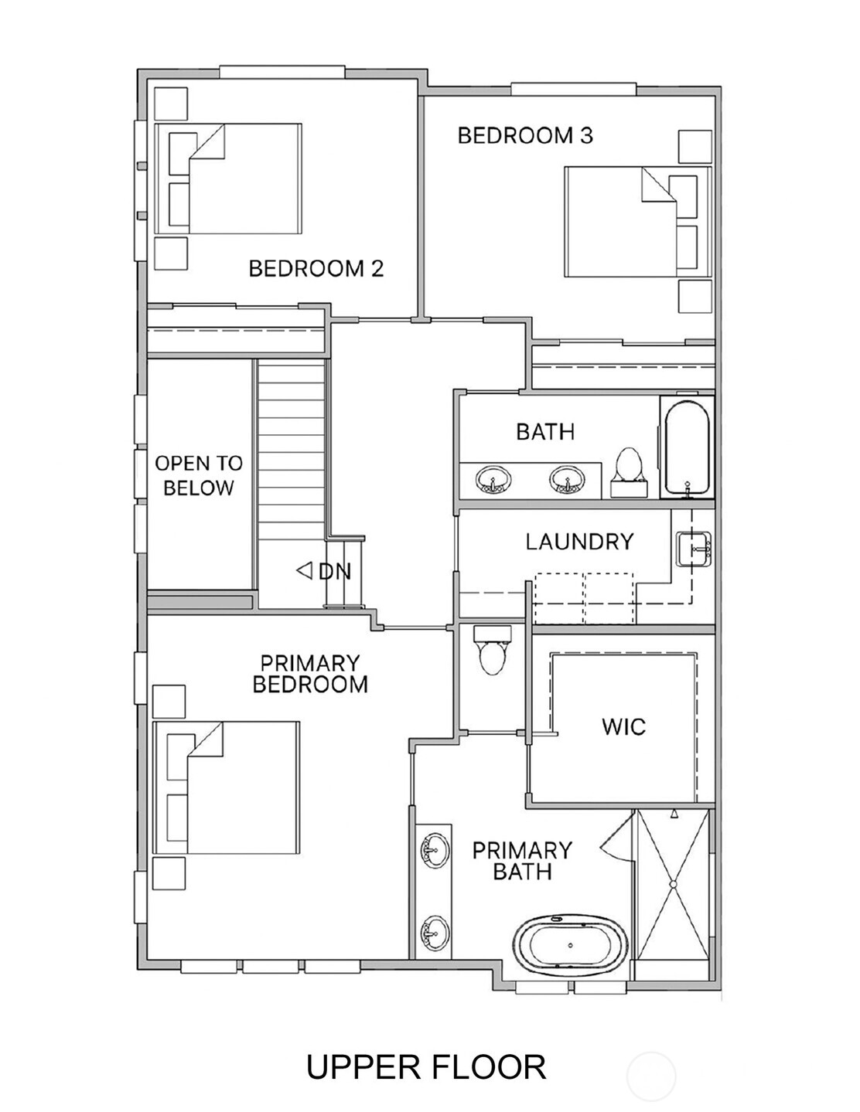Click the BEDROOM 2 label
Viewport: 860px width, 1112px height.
click(316, 269)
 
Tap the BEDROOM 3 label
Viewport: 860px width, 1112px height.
click(524, 136)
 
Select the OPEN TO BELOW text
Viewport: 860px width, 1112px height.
click(199, 475)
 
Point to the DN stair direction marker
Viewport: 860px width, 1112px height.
click(325, 571)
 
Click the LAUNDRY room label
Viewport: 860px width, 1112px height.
click(579, 542)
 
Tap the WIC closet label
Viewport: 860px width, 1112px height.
click(623, 726)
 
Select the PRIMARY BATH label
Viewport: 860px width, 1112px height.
click(522, 861)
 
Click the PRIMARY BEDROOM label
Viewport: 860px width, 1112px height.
click(310, 674)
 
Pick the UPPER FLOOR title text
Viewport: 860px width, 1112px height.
click(426, 1067)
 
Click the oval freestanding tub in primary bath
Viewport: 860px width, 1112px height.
click(571, 944)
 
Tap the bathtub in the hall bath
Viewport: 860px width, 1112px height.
click(686, 447)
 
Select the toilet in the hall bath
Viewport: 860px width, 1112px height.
click(628, 471)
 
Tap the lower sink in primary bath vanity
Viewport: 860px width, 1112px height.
click(434, 932)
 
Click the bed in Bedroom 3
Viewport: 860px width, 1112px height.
click(636, 222)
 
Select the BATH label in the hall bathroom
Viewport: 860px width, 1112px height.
click(545, 431)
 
